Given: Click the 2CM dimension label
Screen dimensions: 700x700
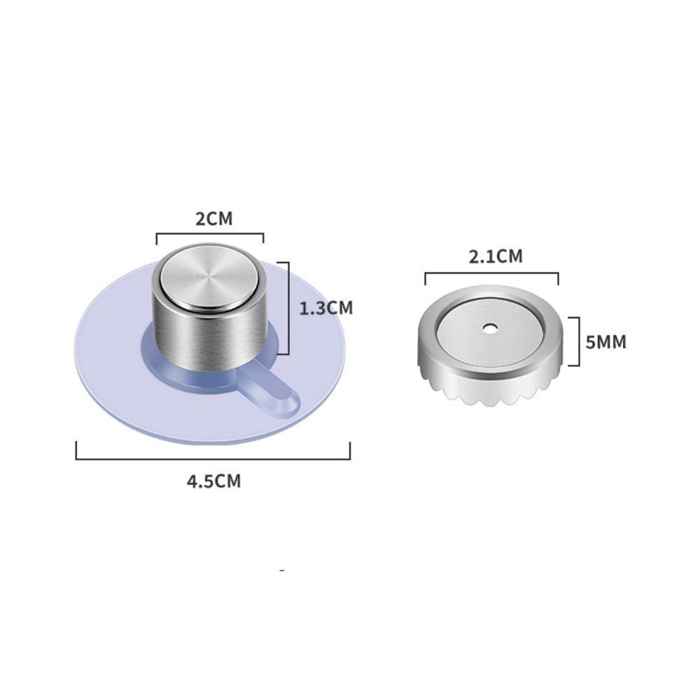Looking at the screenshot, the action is (x=214, y=218).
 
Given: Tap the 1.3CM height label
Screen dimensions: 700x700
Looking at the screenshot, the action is (x=326, y=309).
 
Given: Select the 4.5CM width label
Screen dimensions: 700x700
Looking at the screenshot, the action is (x=213, y=482).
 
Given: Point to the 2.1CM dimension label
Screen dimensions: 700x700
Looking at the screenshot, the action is (x=496, y=257).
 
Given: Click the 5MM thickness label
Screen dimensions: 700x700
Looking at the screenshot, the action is (x=605, y=342).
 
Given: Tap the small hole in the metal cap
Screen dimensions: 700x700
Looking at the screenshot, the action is (x=491, y=328).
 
